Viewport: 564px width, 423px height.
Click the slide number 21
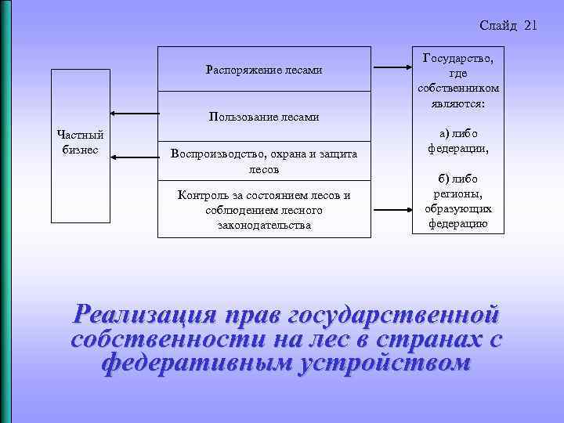530,25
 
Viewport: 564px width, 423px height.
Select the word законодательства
264,225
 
